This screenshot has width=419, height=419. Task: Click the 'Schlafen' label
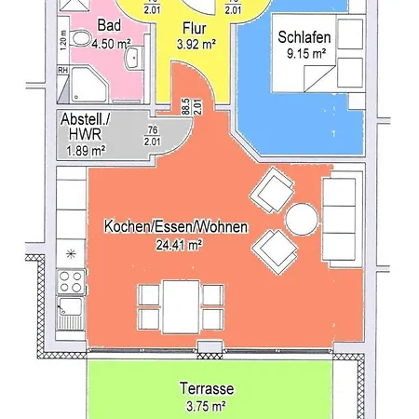coord(303,39)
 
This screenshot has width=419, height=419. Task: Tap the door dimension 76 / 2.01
coord(152,137)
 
